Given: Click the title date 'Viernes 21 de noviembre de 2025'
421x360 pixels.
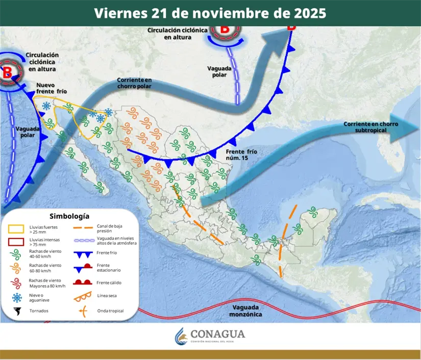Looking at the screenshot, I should (210, 13).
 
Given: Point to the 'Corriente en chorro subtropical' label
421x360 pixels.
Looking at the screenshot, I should (370, 127).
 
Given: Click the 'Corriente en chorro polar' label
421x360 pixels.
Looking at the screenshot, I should (135, 84).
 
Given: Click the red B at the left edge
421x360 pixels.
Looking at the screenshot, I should (8, 72).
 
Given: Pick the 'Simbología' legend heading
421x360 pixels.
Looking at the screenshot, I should (69, 216).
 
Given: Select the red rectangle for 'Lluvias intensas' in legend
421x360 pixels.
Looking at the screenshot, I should (16, 242).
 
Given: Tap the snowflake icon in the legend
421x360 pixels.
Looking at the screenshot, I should (17, 298).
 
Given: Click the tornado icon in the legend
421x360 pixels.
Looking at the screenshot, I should (17, 311).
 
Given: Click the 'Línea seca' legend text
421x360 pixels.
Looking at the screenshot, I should (107, 296).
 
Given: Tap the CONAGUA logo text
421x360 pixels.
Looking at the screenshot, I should (217, 335).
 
